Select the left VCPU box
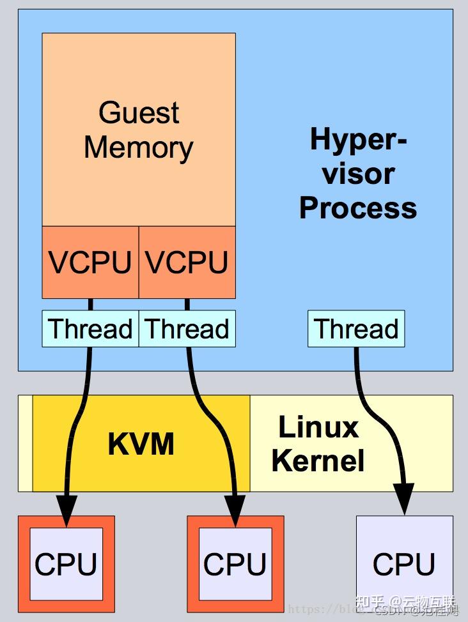[90, 262]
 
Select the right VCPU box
[187, 262]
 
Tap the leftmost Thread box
[90, 329]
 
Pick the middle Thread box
[187, 329]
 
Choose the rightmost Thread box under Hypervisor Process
[356, 329]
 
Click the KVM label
[141, 444]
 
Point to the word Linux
[318, 427]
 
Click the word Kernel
[318, 460]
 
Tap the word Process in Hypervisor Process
[358, 208]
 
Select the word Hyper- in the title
[358, 139]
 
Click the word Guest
[139, 113]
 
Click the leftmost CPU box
[66, 565]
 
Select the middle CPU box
[235, 565]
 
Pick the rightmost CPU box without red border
[404, 565]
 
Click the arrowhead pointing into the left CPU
[65, 510]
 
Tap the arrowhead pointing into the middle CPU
[235, 510]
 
